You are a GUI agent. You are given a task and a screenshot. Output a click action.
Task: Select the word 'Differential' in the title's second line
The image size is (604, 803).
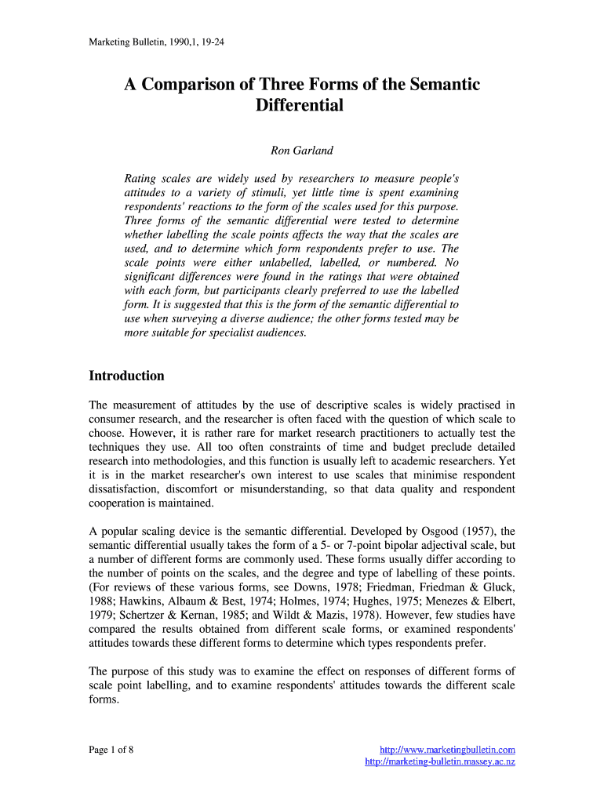300,105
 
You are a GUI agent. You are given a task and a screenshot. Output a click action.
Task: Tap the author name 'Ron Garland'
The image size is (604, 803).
302,151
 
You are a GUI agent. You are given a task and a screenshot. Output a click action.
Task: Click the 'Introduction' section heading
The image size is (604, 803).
126,376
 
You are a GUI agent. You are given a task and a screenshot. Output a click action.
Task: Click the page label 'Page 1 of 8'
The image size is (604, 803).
111,750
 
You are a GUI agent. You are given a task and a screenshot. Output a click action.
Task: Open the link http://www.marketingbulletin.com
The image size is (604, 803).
447,750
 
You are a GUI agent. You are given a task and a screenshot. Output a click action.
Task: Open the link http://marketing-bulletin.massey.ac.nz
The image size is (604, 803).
440,762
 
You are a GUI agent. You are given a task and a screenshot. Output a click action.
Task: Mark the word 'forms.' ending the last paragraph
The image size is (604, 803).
104,700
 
